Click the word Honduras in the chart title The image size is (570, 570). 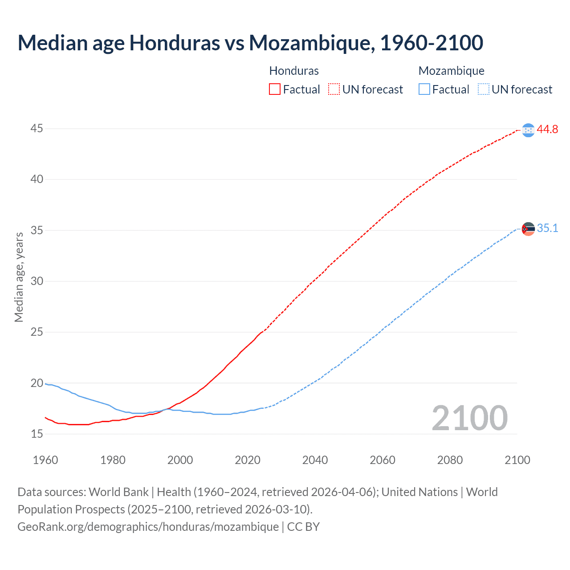point(174,43)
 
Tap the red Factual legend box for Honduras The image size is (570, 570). point(275,90)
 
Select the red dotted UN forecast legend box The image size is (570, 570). point(334,90)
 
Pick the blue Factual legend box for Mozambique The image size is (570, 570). point(424,90)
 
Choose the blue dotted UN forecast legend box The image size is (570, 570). point(484,90)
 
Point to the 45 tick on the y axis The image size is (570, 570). point(37,129)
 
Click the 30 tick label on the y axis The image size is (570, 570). point(37,281)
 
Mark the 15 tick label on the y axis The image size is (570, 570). point(37,434)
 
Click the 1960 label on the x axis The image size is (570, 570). point(45,460)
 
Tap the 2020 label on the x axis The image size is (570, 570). point(248,460)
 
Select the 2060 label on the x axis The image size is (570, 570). point(383,460)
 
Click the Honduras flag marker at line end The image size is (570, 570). point(528,130)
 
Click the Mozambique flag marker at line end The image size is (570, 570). point(528,229)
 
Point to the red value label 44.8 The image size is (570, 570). point(547,130)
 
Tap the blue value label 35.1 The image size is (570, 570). point(547,228)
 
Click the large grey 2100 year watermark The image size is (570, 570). point(469,418)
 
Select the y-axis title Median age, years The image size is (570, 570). point(19,277)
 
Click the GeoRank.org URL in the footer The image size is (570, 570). point(148,526)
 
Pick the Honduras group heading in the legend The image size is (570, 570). point(294,71)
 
